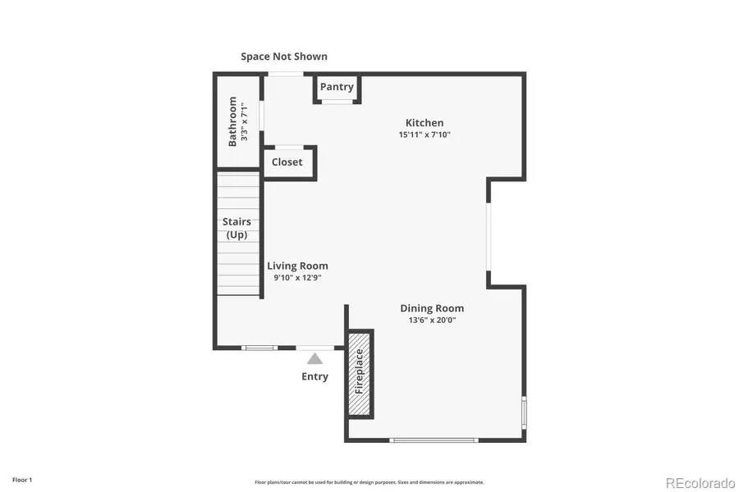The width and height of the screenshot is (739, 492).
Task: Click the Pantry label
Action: tap(337, 87)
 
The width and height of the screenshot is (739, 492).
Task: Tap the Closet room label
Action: tap(287, 162)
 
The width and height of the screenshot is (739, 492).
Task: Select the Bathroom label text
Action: tap(233, 121)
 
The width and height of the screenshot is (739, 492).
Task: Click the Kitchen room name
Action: tap(425, 123)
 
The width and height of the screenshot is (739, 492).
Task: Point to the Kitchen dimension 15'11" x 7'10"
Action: tap(425, 134)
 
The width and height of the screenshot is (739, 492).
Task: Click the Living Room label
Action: tap(297, 266)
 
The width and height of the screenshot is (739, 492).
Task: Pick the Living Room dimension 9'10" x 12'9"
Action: tap(297, 277)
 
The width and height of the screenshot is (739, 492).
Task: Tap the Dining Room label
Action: tap(432, 308)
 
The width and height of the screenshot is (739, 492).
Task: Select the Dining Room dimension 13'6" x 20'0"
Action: tap(432, 321)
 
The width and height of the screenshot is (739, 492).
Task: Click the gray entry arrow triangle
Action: tap(314, 358)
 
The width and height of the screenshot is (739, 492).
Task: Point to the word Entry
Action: tap(314, 376)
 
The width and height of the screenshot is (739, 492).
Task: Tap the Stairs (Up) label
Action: tap(236, 228)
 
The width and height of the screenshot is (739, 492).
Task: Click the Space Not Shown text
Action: tap(284, 57)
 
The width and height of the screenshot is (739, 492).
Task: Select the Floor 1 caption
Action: tap(22, 479)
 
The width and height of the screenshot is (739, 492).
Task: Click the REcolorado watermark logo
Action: tap(700, 481)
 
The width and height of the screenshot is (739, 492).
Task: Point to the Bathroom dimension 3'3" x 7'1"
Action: tap(244, 121)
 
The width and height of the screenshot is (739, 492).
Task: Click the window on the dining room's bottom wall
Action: tap(434, 440)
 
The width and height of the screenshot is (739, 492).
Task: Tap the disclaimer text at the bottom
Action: tap(369, 482)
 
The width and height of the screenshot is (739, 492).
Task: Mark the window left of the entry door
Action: tap(259, 348)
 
